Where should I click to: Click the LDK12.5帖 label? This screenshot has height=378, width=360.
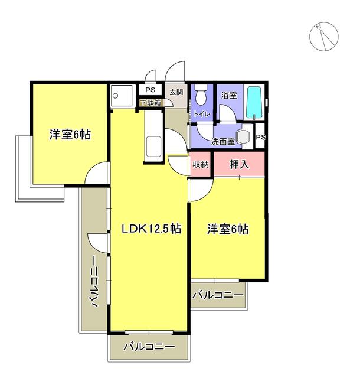(x=151, y=230)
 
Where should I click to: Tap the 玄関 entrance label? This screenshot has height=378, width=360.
(x=176, y=93)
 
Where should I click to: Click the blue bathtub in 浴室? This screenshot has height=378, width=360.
(x=255, y=103)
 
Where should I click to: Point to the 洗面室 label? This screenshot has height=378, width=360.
(x=223, y=141)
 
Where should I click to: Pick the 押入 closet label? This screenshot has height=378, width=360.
(x=239, y=165)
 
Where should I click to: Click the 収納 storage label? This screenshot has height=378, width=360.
(x=201, y=165)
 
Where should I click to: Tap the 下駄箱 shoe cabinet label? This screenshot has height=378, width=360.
(x=150, y=102)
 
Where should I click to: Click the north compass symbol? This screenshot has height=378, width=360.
(x=323, y=37)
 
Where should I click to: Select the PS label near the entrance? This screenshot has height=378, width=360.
(x=150, y=90)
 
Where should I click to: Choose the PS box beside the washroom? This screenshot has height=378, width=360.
(x=261, y=137)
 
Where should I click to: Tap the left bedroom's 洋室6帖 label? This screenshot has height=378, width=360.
(x=70, y=135)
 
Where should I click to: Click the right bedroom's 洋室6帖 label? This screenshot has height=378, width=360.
(x=227, y=229)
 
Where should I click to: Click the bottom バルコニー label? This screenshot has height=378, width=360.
(x=149, y=347)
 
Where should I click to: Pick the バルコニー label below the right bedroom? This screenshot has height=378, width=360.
(x=218, y=295)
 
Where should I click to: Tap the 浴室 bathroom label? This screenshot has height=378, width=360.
(x=228, y=94)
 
